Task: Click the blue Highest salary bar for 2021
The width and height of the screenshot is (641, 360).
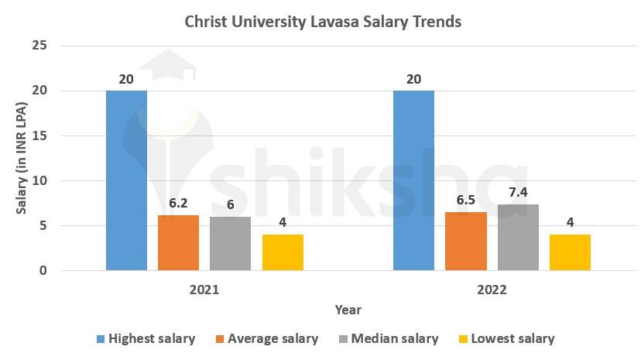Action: tap(126, 180)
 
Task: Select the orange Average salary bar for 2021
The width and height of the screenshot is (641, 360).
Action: tap(178, 242)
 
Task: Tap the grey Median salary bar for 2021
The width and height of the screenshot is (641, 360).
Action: tap(230, 243)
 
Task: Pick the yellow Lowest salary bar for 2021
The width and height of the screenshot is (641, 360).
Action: tap(283, 252)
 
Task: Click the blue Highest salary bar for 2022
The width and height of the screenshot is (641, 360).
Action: tap(413, 180)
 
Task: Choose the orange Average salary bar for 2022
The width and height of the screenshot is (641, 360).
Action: tap(466, 241)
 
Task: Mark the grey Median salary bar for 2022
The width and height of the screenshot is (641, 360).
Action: tap(518, 237)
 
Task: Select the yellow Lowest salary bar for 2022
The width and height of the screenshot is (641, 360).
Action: tap(570, 252)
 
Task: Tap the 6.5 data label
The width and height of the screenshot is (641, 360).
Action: tap(466, 199)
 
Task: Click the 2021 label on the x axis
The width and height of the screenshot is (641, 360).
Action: tap(204, 290)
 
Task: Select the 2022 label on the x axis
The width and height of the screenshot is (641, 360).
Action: tap(492, 290)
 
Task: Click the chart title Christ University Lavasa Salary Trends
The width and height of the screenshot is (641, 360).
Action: tap(323, 21)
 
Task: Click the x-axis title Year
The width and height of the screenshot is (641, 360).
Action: tap(348, 310)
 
